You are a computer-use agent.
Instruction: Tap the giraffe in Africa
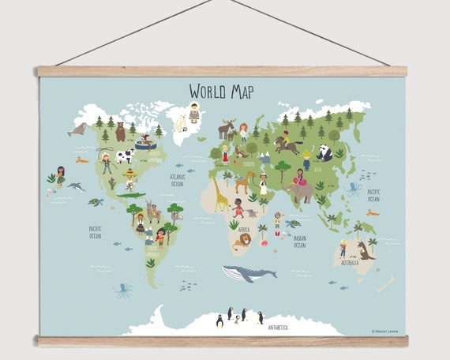pos(221,194)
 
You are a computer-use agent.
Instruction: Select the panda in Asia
pos(325,152)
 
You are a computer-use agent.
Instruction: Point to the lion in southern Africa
pos(243,239)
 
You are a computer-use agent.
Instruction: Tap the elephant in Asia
pos(300,190)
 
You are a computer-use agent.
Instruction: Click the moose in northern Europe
pos(227,128)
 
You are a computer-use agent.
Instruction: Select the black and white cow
pos(125,156)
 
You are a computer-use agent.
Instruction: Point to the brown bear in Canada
pos(121,132)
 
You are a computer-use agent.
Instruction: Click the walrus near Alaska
pos(77,129)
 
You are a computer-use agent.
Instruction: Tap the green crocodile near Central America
pos(130,195)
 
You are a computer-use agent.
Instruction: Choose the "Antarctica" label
pos(277,326)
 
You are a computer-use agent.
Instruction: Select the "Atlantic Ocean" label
pos(178,179)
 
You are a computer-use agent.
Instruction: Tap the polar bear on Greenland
pos(180,122)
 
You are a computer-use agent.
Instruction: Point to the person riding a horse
pos(286,144)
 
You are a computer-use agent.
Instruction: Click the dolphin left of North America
pos(77,186)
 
